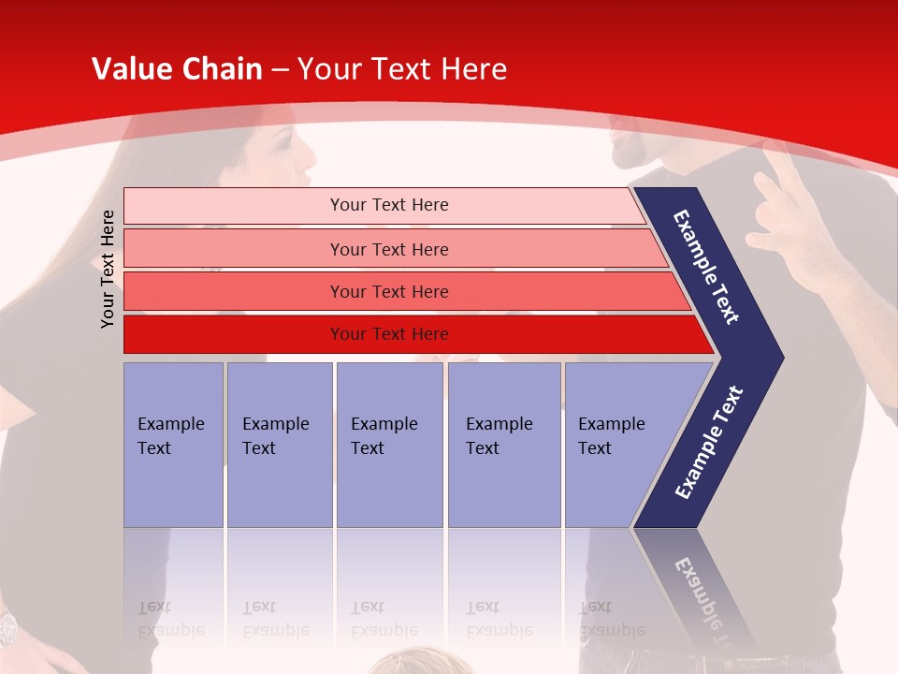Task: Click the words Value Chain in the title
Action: coord(177,69)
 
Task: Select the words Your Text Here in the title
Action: coord(402,69)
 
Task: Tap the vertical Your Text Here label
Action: coord(109,269)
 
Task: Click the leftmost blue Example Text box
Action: coord(173,445)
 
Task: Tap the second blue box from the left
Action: coord(279,445)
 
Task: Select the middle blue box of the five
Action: coord(389,445)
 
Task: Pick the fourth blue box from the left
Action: coord(503,445)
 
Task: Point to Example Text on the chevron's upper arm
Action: coord(706,267)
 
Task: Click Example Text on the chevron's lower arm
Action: coord(709,443)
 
